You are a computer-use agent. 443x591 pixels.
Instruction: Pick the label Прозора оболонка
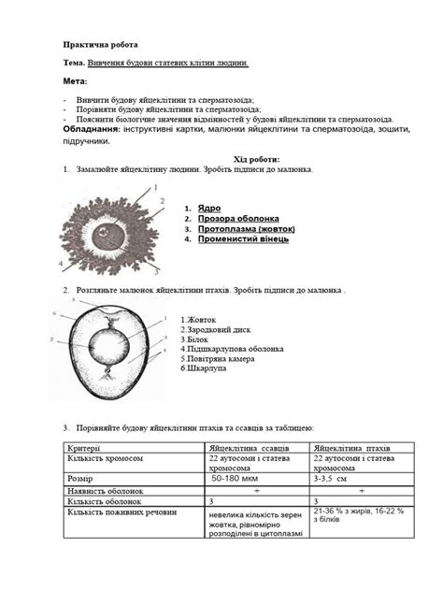[237, 219]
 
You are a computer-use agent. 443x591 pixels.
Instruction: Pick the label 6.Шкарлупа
[204, 368]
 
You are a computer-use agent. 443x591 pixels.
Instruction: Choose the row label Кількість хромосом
[104, 459]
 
